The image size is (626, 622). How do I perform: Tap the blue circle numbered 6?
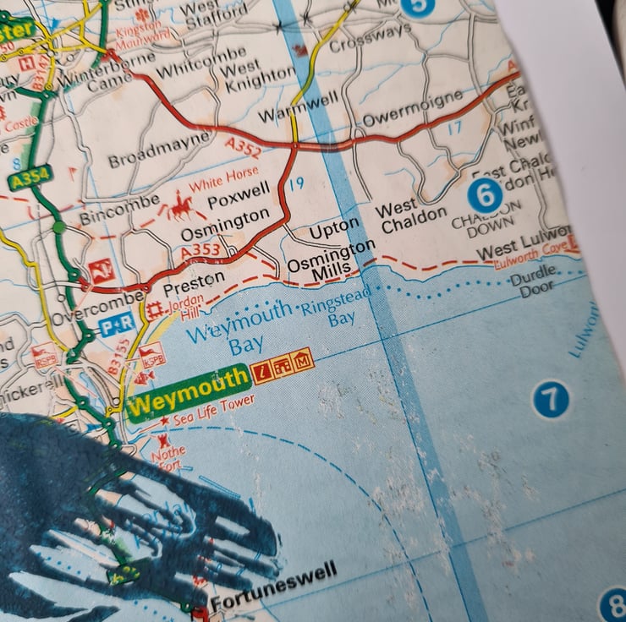485,196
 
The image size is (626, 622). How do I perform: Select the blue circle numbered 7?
551,399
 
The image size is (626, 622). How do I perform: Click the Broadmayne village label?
158,148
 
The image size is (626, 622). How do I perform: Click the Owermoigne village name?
413,108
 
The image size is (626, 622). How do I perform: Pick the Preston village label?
200,278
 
